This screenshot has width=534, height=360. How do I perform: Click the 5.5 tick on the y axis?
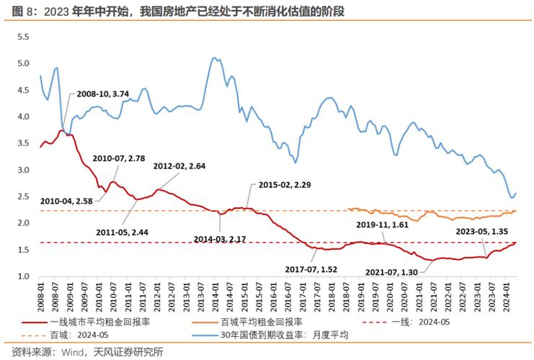22,37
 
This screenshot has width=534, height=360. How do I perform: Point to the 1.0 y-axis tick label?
22,276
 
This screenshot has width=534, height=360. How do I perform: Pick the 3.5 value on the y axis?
22,143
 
